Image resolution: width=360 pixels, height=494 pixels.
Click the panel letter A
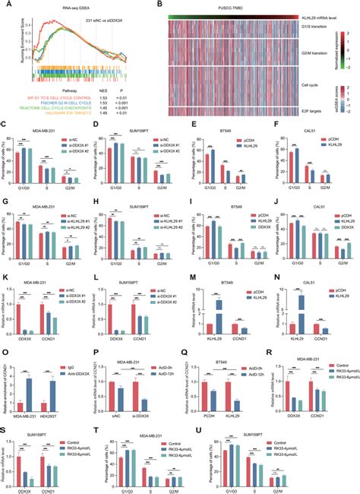point(5,5)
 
